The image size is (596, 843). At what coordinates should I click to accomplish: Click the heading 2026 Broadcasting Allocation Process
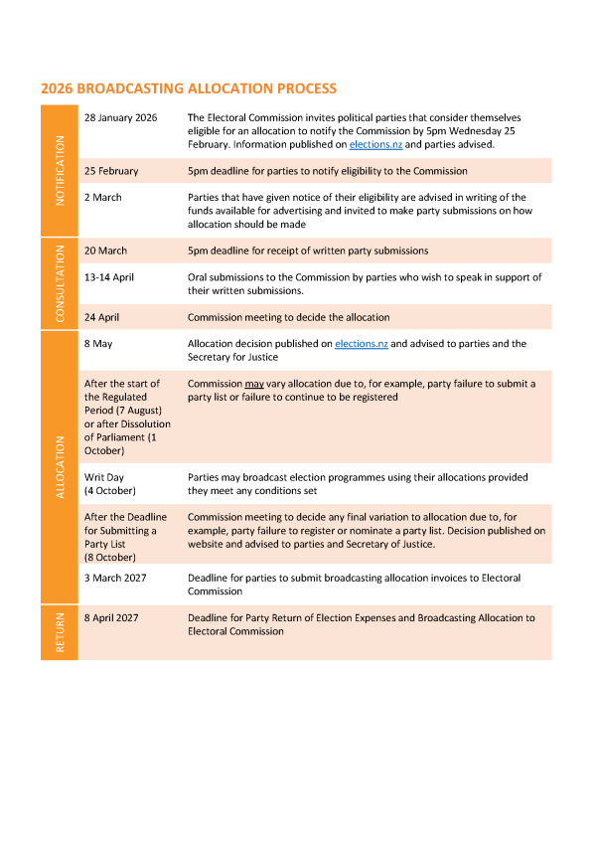(x=189, y=88)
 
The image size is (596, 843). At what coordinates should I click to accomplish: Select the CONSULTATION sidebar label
(x=60, y=283)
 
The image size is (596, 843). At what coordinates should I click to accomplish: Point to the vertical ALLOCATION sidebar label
(x=60, y=466)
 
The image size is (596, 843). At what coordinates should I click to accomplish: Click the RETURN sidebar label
(x=60, y=632)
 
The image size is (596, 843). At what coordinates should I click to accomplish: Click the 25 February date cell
(x=111, y=171)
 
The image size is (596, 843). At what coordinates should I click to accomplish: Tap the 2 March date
(x=103, y=197)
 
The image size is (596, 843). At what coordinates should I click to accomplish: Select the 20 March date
(x=106, y=251)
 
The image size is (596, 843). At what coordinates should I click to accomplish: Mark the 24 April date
(x=105, y=317)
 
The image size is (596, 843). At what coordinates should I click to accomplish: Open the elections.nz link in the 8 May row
(x=362, y=343)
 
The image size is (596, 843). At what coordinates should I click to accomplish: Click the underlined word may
(x=254, y=384)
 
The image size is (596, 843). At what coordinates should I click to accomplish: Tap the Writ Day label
(x=104, y=477)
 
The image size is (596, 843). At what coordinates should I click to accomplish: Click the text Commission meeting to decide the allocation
(x=288, y=317)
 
